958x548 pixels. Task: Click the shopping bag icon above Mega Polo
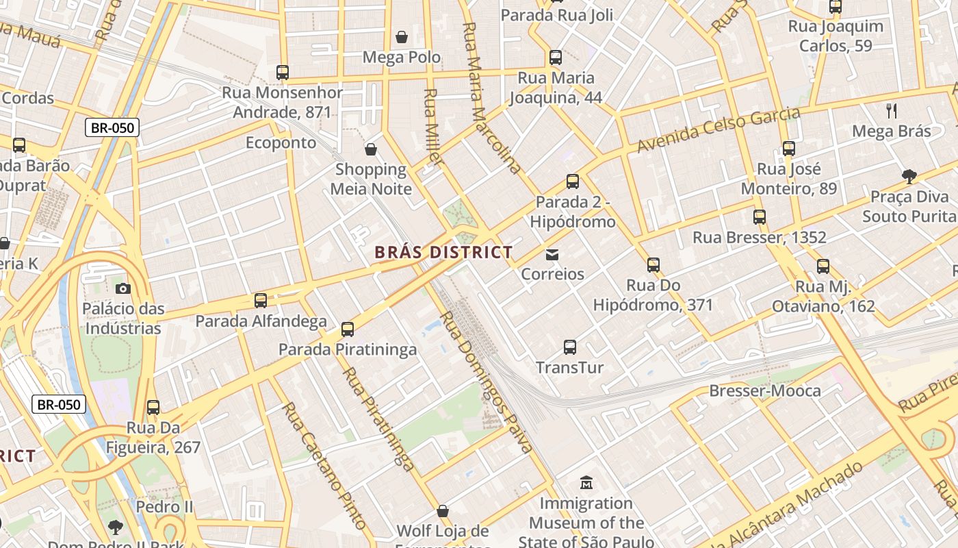(402, 36)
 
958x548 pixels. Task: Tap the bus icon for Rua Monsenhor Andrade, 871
(282, 72)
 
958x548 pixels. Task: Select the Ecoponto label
(281, 142)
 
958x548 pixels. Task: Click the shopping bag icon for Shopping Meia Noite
(371, 149)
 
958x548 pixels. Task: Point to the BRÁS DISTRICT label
(443, 252)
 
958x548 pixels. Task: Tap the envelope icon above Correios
(552, 255)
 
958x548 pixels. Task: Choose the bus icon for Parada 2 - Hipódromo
(573, 182)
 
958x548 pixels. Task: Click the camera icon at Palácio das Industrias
(123, 288)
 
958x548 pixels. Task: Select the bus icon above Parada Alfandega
(261, 300)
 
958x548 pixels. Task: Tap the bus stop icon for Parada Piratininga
(348, 329)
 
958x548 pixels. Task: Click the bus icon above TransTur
(570, 347)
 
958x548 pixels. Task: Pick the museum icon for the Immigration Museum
(586, 483)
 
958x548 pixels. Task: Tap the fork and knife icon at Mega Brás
(892, 110)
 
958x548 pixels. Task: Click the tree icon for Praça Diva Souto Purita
(909, 177)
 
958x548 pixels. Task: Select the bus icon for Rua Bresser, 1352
(760, 217)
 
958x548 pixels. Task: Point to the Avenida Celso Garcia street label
(718, 130)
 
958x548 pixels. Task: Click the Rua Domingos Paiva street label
(485, 382)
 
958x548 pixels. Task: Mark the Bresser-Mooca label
(765, 390)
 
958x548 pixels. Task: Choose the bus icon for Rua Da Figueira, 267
(153, 408)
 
